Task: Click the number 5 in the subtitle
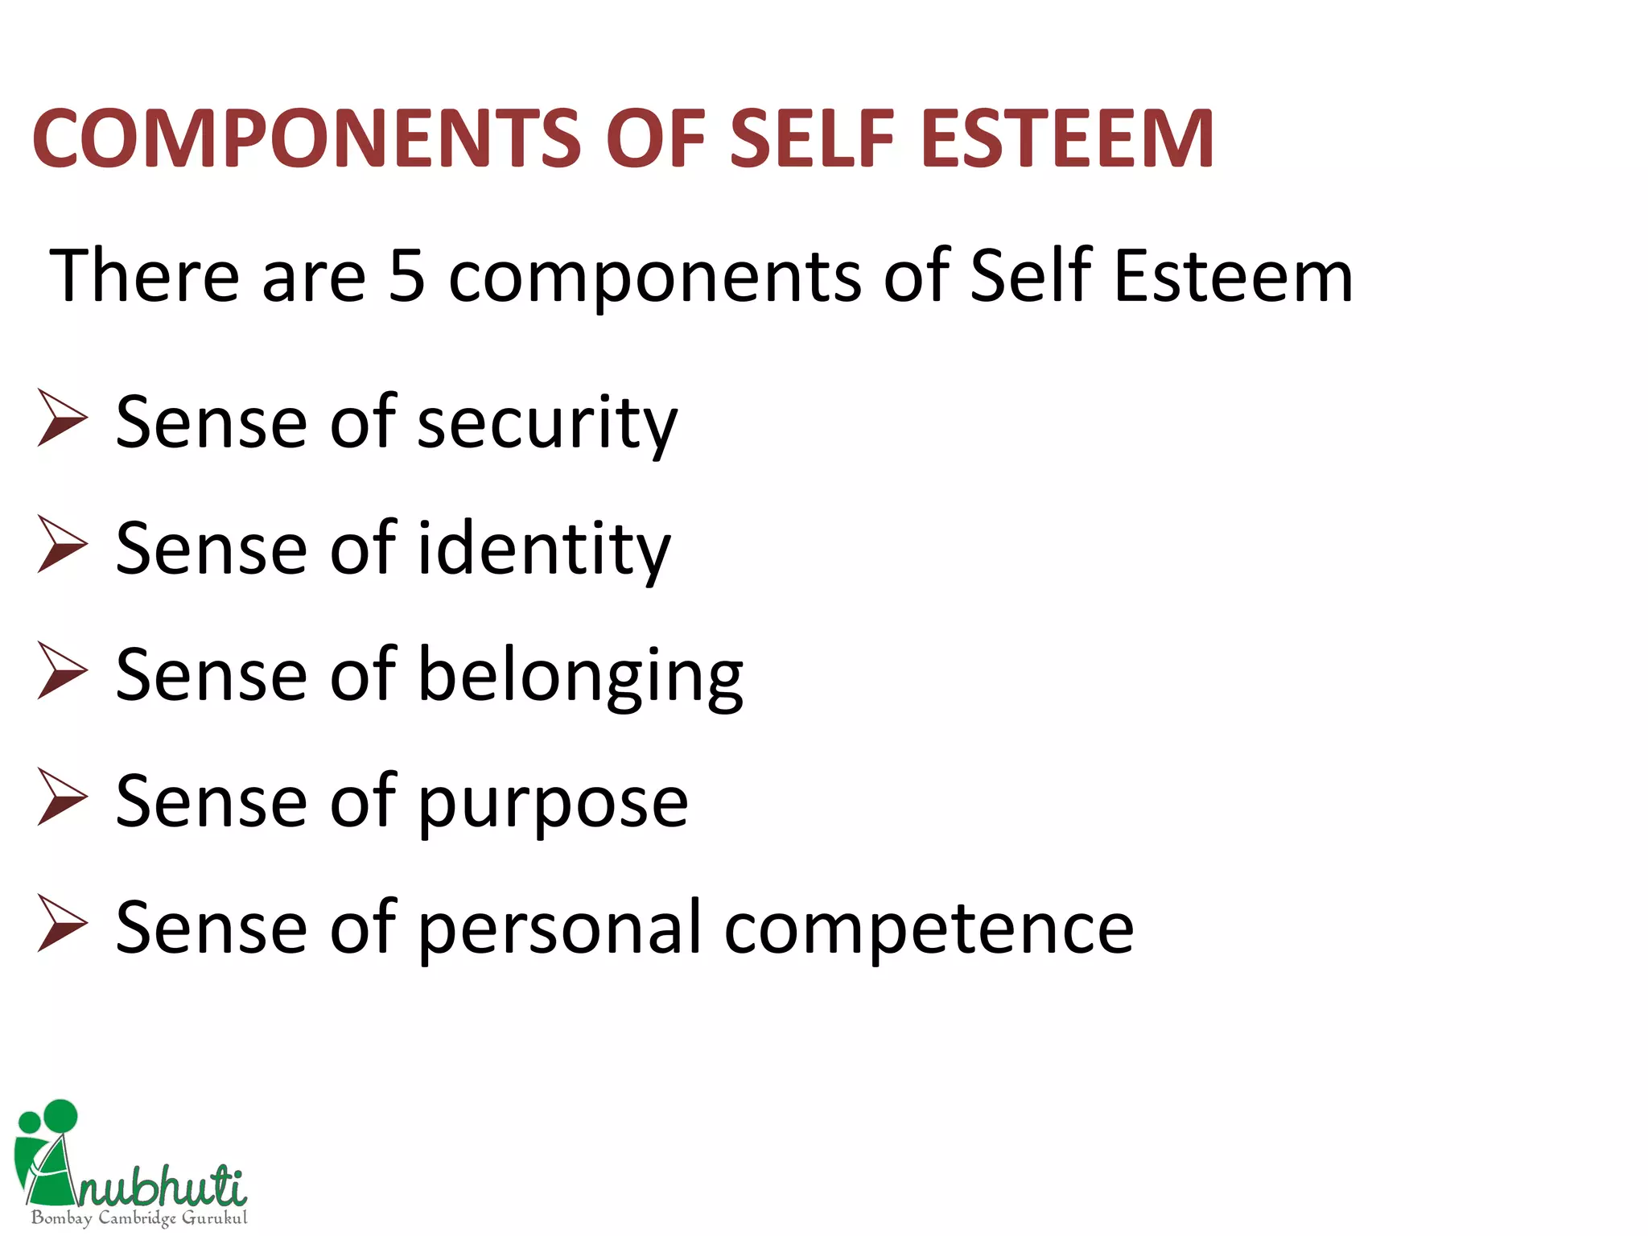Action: (406, 276)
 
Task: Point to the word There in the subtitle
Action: (145, 276)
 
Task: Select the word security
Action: (547, 423)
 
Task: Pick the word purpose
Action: (554, 802)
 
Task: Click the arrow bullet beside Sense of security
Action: (62, 418)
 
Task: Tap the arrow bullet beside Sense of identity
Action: (62, 544)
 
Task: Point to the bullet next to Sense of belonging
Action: (62, 670)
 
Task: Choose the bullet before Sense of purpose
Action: (62, 797)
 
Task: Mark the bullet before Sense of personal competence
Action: (62, 923)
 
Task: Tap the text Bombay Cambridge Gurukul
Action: (139, 1217)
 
